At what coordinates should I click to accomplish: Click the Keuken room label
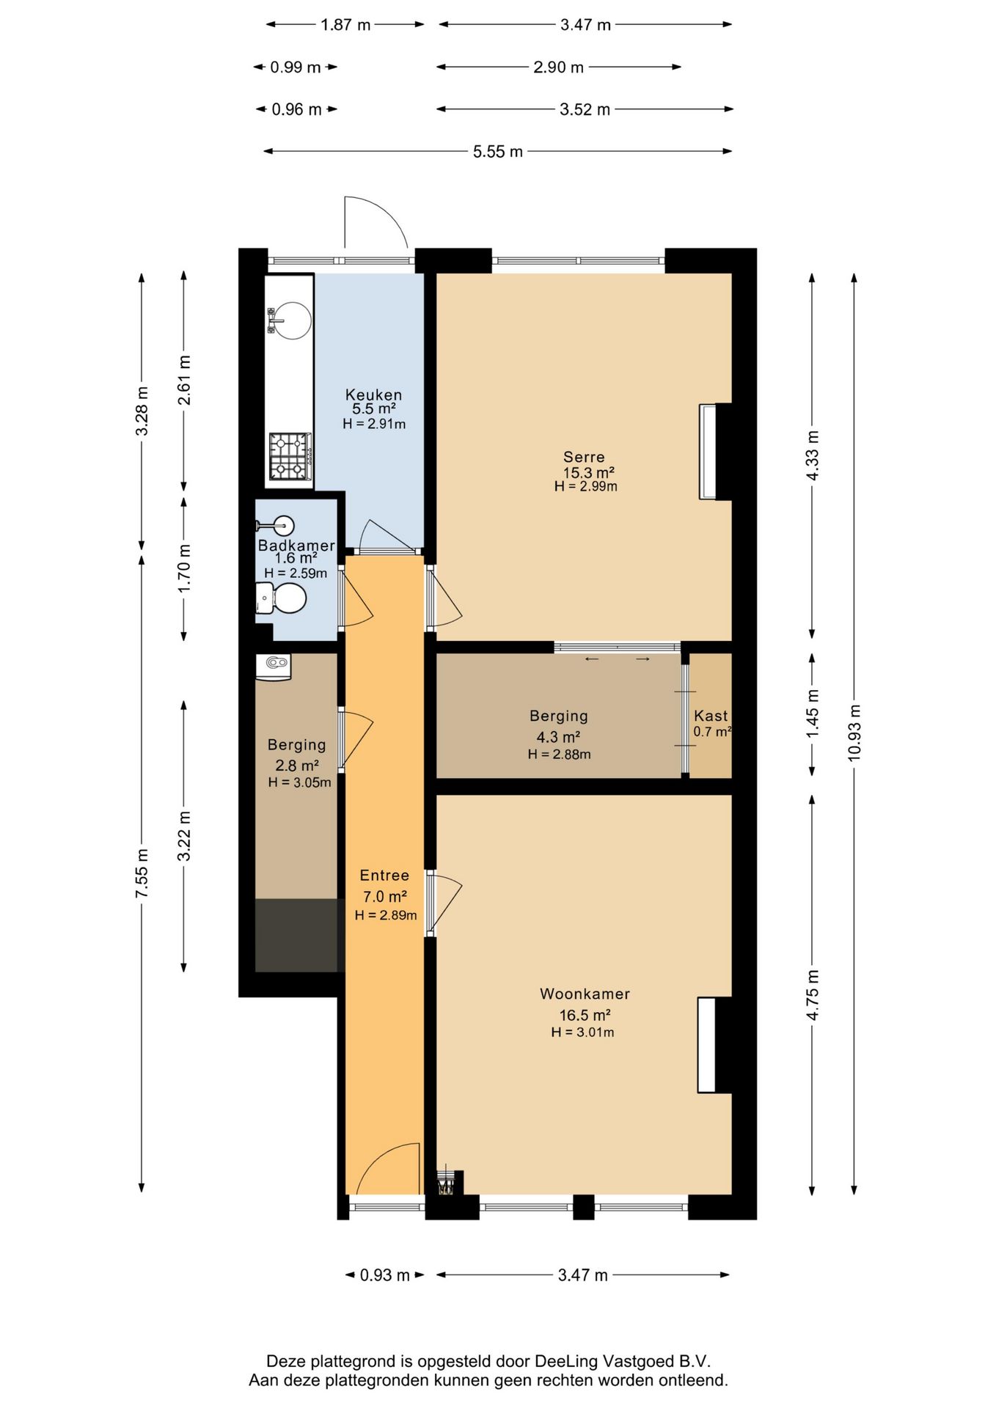point(373,395)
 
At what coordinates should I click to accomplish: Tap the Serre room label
point(584,458)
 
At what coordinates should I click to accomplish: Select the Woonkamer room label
point(585,994)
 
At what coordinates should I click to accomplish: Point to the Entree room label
point(384,876)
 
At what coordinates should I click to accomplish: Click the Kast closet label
point(711,716)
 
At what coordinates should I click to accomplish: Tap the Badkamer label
point(296,546)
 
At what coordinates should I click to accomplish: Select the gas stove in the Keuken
point(290,456)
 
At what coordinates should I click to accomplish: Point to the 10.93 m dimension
point(854,733)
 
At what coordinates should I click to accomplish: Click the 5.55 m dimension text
point(498,152)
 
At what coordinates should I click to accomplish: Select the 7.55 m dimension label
point(142,873)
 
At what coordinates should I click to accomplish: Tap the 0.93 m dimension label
point(385,1276)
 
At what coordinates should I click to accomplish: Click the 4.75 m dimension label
point(813,994)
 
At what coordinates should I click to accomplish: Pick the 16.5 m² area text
point(585,1015)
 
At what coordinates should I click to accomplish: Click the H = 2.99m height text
point(585,486)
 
